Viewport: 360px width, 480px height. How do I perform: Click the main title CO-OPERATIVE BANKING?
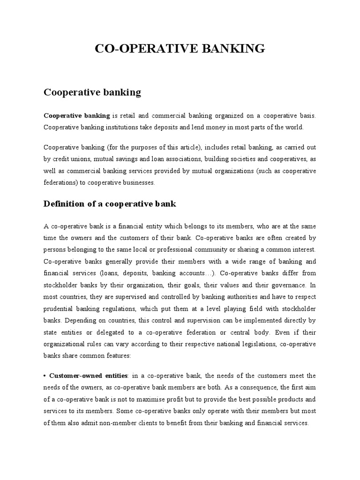pos(180,48)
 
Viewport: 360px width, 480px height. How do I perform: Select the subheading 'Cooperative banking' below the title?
pos(92,92)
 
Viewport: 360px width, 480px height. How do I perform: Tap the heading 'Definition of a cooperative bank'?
pos(109,203)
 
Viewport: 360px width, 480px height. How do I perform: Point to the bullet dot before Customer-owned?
pos(45,376)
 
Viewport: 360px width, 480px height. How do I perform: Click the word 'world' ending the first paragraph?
pos(293,127)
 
